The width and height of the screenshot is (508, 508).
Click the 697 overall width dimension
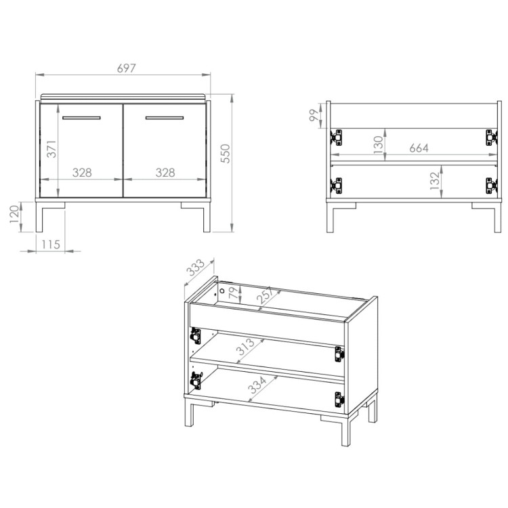[127, 68]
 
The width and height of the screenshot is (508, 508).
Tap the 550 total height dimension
[225, 154]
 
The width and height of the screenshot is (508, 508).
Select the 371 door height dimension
[51, 149]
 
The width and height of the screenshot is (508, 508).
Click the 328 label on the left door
[82, 172]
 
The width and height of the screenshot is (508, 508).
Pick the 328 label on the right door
[165, 172]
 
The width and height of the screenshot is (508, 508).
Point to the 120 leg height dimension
[15, 214]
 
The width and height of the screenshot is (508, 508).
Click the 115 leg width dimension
[51, 245]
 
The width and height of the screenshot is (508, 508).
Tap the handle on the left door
[81, 118]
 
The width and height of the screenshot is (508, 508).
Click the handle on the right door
[165, 118]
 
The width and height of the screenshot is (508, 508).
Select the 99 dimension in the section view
[314, 115]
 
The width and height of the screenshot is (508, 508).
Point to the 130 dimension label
[378, 145]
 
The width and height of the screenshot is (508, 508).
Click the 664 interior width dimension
[419, 148]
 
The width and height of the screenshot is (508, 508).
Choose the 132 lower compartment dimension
[435, 181]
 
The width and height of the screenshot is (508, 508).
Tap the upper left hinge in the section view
[336, 137]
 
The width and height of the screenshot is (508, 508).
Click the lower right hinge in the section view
[491, 186]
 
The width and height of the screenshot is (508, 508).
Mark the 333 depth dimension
[196, 268]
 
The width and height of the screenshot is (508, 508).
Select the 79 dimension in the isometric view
[233, 293]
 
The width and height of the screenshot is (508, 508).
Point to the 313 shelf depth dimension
[246, 346]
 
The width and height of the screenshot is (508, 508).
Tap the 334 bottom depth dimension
[257, 385]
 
